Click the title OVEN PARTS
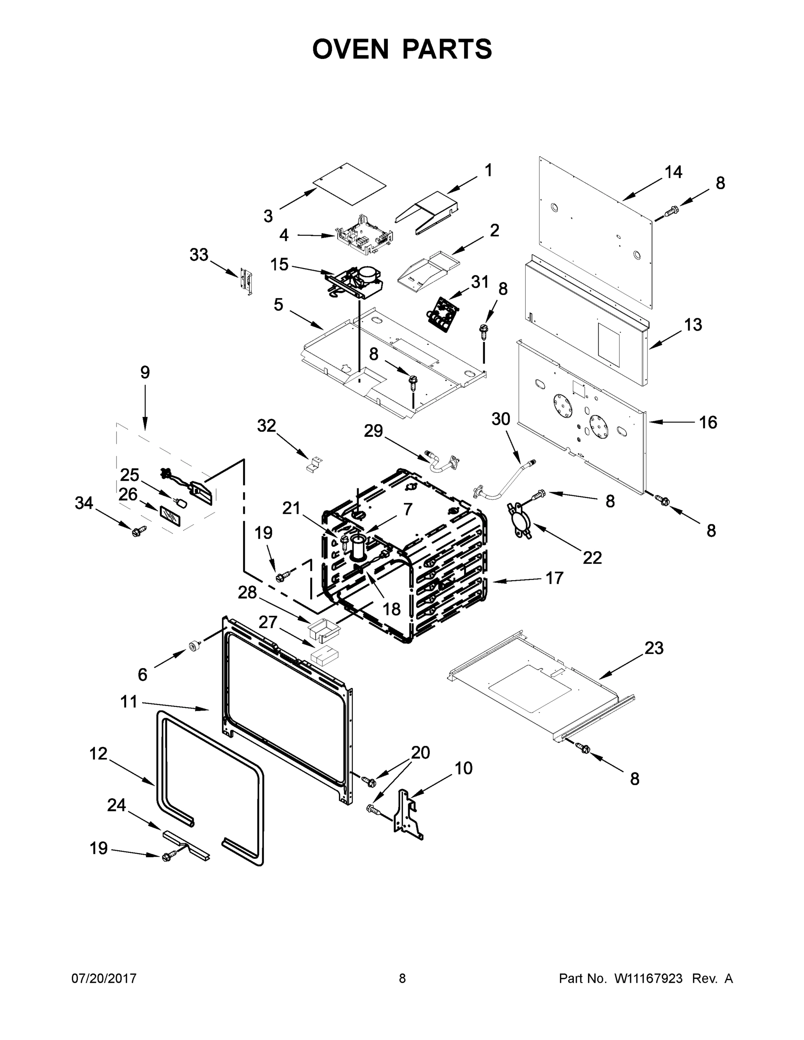pos(402,49)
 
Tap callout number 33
pos(199,255)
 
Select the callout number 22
pos(592,557)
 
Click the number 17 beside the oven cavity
pos(554,578)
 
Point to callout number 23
pos(654,648)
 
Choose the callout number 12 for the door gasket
pos(98,754)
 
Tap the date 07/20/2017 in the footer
pos(104,978)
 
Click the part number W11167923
pos(648,978)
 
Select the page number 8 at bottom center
pos(402,978)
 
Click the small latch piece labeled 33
pos(246,281)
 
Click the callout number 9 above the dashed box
pos(145,372)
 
